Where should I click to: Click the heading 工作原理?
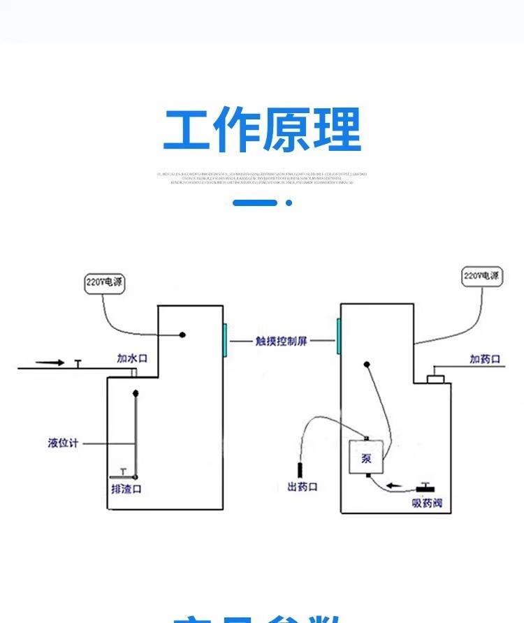click(262, 131)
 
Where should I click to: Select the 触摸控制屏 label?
click(281, 342)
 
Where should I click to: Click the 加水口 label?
click(131, 359)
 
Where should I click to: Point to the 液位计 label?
click(63, 443)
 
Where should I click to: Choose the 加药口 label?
click(485, 359)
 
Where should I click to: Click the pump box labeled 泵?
click(366, 458)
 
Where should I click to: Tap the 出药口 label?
click(302, 487)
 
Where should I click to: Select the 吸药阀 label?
click(426, 504)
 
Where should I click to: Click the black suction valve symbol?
click(425, 487)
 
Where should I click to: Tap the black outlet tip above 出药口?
click(300, 469)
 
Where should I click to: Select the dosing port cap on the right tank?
click(436, 379)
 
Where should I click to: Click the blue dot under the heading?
click(289, 203)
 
